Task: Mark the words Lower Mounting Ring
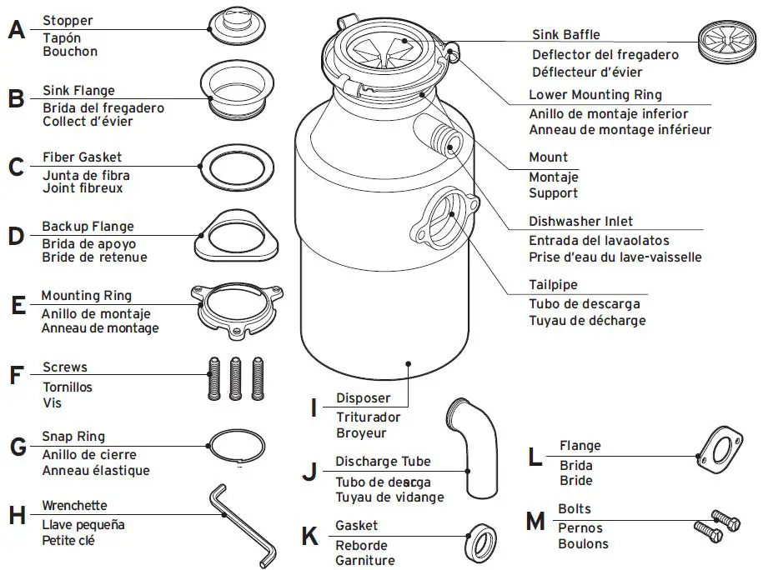(x=595, y=95)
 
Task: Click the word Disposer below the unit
(x=364, y=398)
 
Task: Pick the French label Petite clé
(x=69, y=540)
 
